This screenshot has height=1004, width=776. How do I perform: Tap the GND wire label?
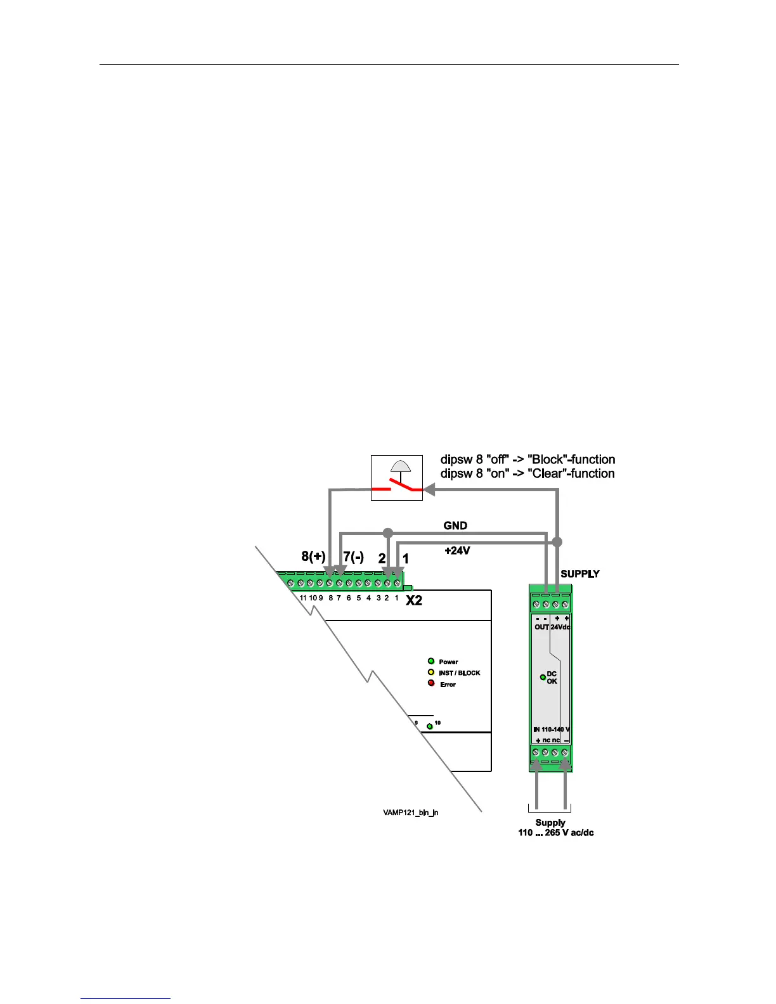pos(455,525)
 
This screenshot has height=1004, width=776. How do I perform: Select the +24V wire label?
pos(457,551)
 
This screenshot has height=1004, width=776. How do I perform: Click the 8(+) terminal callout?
pos(313,557)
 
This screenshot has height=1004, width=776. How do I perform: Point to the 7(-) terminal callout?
pos(353,557)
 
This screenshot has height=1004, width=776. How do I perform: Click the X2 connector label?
pos(414,600)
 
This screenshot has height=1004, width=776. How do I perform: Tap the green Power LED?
pos(431,661)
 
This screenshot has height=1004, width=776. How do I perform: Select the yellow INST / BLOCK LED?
pos(431,673)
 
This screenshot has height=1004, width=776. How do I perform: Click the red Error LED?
pos(431,683)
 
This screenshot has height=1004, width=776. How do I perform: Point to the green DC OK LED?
pos(543,677)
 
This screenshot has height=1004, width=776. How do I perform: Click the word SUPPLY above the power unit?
pos(579,574)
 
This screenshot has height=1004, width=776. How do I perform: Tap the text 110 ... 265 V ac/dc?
pos(556,833)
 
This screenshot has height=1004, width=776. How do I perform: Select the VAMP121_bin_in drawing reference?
pos(410,812)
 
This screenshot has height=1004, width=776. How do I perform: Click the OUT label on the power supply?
pos(541,627)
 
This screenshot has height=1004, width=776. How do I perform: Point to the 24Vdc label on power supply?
pos(560,627)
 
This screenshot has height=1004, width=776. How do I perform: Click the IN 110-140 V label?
pos(552,730)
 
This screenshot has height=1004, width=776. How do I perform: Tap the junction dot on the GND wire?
pos(388,532)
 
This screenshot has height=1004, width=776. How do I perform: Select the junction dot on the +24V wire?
pos(557,543)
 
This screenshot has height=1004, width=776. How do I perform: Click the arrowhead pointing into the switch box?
pos(429,489)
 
